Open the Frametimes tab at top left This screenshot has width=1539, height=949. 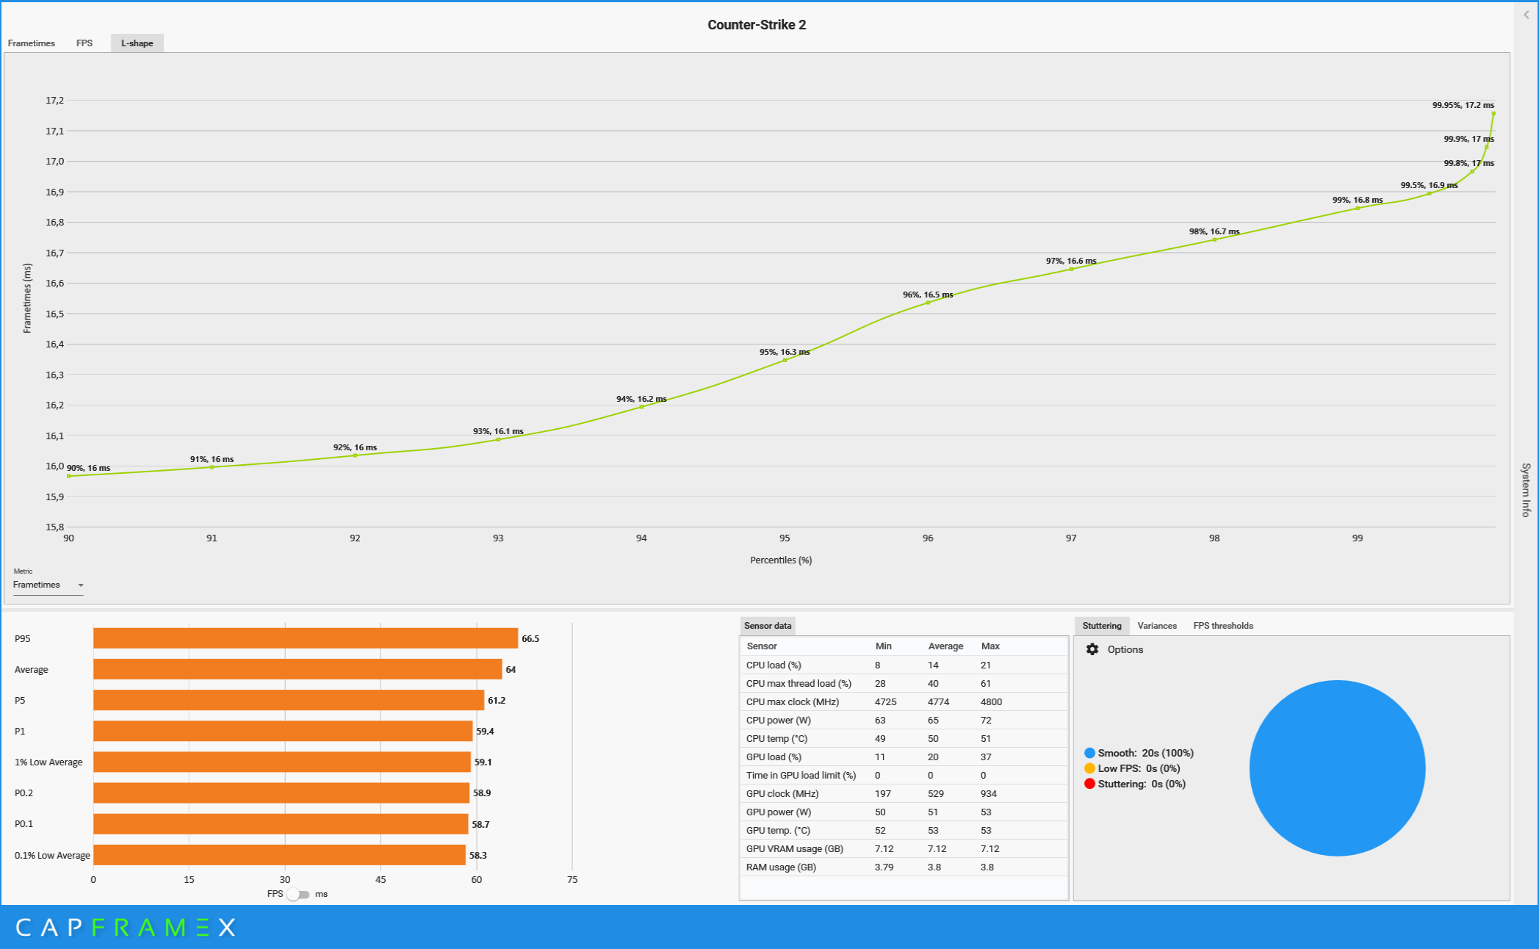click(x=32, y=43)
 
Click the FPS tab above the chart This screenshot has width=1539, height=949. click(x=84, y=43)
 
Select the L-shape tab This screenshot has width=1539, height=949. click(x=137, y=43)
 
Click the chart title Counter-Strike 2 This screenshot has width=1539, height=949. click(x=757, y=25)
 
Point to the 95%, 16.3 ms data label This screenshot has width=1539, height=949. click(x=785, y=352)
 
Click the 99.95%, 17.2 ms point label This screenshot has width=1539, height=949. click(x=1463, y=105)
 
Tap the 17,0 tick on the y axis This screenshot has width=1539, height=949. click(x=55, y=162)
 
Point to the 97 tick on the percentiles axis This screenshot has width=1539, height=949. click(x=1071, y=538)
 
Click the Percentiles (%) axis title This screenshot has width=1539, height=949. click(x=781, y=560)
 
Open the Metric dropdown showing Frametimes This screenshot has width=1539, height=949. click(x=48, y=585)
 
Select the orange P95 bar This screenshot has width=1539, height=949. click(x=306, y=638)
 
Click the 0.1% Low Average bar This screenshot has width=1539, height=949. click(x=279, y=855)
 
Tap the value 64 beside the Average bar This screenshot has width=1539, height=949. click(x=511, y=670)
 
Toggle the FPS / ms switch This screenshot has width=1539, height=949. click(x=298, y=895)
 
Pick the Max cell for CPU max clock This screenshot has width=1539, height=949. click(x=991, y=702)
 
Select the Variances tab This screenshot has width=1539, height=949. click(x=1157, y=626)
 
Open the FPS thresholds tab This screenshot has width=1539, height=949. click(x=1223, y=626)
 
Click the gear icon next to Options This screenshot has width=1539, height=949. click(x=1092, y=649)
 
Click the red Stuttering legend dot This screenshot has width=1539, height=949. click(x=1089, y=784)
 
